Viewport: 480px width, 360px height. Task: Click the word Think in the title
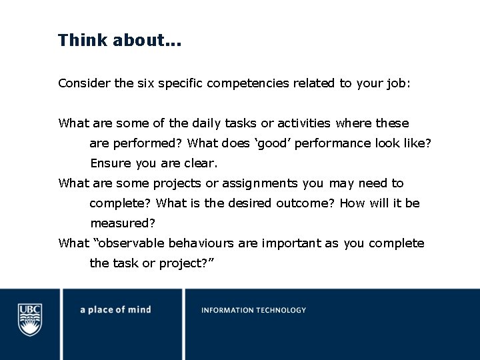tap(83, 40)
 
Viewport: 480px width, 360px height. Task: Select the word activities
tap(303, 123)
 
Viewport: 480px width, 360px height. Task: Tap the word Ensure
tap(111, 163)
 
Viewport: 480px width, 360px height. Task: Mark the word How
tap(351, 203)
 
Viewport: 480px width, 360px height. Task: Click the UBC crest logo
tap(30, 319)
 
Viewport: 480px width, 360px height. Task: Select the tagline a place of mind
tap(115, 310)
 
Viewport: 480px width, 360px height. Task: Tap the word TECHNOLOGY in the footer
tap(281, 310)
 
